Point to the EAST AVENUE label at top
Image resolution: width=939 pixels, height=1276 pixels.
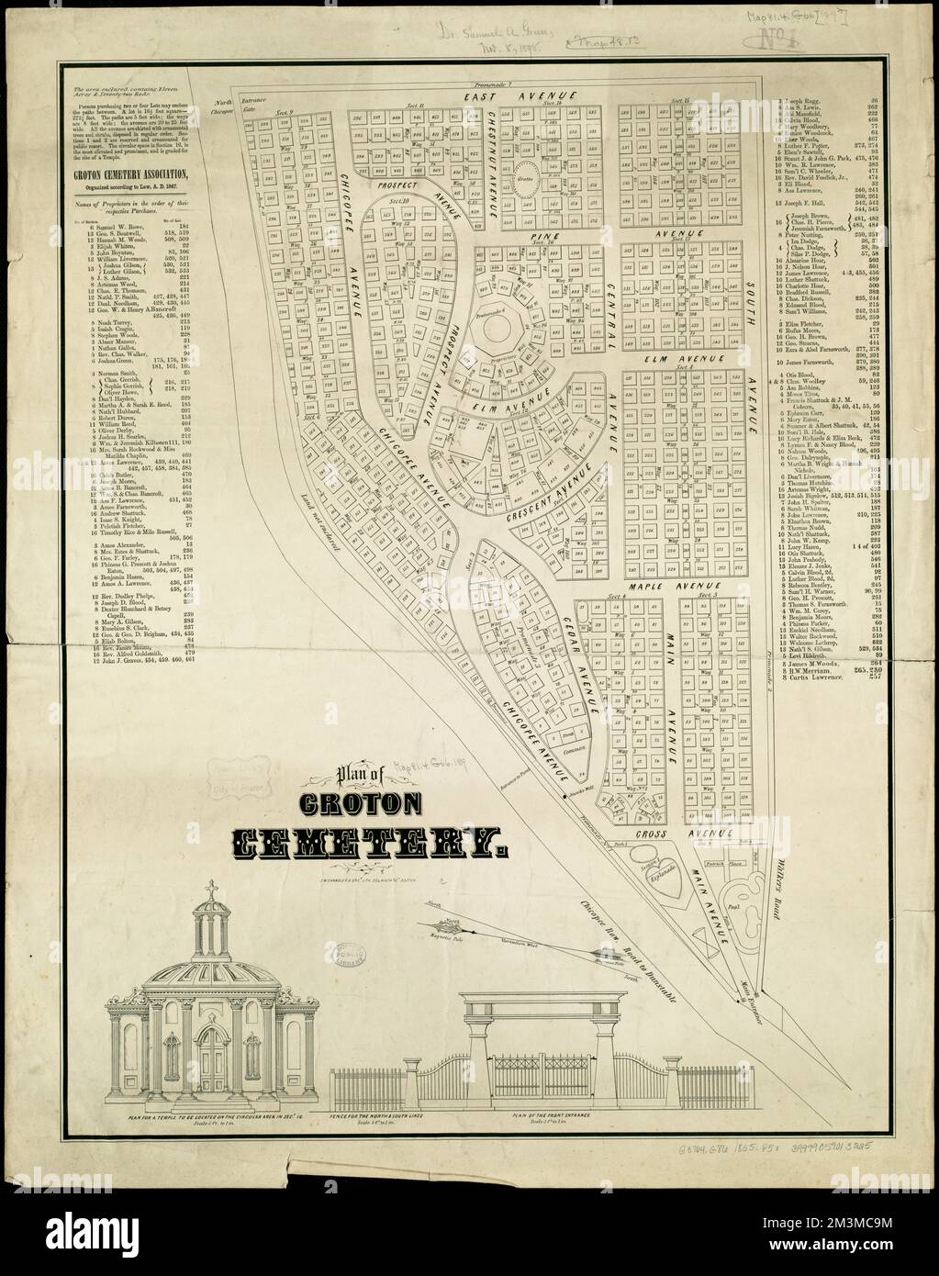(x=519, y=95)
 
